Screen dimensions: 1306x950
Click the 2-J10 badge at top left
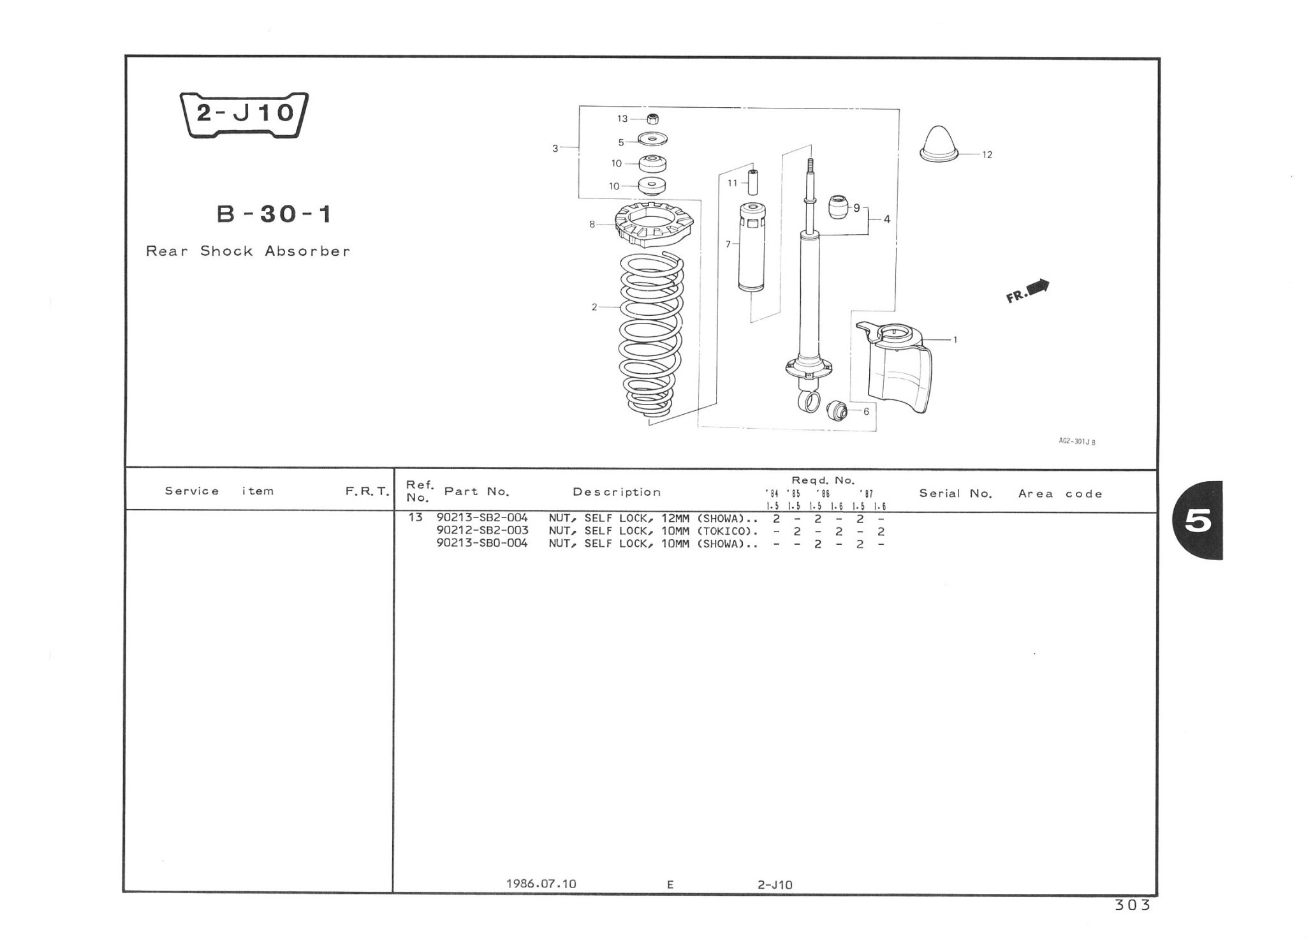tap(244, 115)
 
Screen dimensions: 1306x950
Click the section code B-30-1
tap(274, 214)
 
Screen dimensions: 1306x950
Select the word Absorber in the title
tap(307, 251)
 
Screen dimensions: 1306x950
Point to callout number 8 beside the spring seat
tap(592, 224)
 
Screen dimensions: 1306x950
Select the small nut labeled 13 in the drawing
tap(652, 118)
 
